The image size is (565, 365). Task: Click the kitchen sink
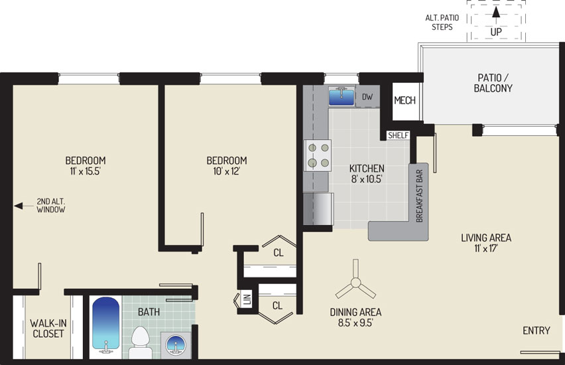pos(342,96)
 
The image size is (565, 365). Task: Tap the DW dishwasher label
pos(367,97)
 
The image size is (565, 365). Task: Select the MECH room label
pos(405,100)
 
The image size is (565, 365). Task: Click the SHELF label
pos(398,135)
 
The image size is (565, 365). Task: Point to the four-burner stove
pos(318,155)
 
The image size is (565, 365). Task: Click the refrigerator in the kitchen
pos(318,209)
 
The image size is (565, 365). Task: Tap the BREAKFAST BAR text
pos(419,196)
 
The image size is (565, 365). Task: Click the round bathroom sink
pos(176,344)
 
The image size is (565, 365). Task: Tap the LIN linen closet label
pos(247,299)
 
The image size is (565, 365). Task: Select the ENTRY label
pos(536,330)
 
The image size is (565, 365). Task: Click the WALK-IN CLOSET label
pos(48,328)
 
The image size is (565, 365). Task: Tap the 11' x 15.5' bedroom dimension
pos(85,171)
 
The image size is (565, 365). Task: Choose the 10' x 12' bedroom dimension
pos(226,171)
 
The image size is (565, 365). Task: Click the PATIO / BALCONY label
pos(493,82)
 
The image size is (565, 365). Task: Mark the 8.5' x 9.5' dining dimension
pos(355,323)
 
